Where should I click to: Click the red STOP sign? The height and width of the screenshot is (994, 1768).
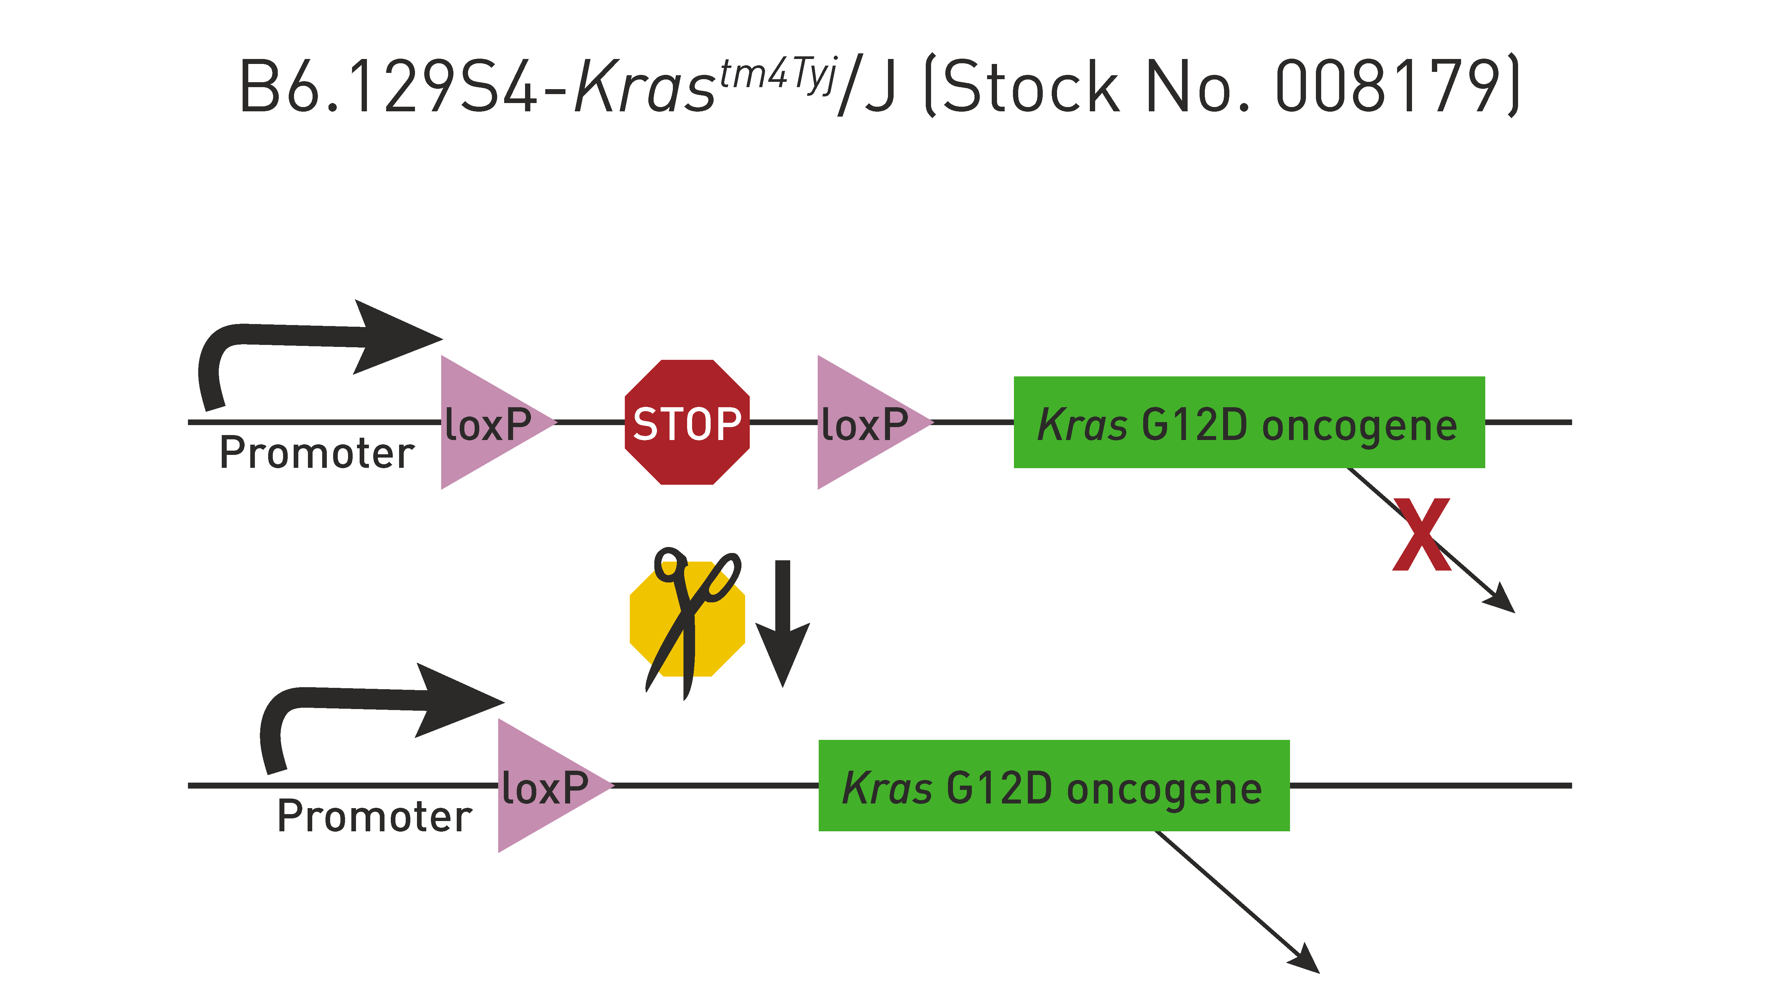[x=687, y=422]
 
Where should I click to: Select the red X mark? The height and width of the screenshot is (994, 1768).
[x=1421, y=534]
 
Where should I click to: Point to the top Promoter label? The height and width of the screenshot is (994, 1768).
[x=317, y=454]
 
